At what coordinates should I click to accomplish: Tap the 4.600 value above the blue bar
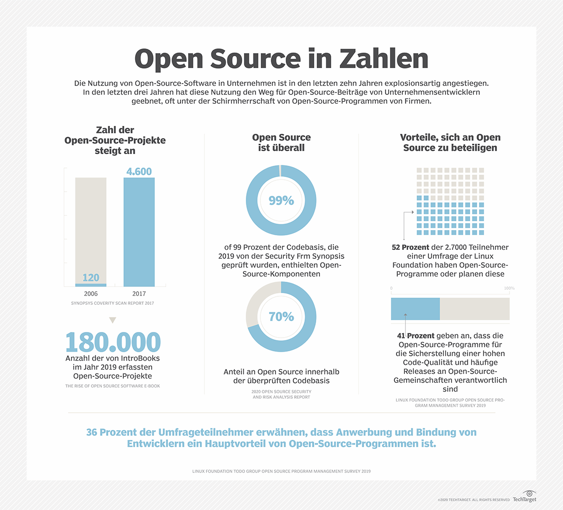coord(139,171)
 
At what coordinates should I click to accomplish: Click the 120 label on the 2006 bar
coord(91,278)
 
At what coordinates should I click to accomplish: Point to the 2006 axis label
coord(91,294)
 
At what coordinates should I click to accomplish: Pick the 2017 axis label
coord(139,294)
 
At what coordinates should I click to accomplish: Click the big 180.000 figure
coord(113,342)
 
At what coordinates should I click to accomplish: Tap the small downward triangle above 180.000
coord(113,320)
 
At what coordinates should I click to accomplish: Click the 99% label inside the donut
coord(281,201)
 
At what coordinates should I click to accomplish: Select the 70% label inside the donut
coord(281,317)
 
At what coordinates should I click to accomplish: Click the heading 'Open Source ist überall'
coord(281,142)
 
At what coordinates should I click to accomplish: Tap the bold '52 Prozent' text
coord(411,247)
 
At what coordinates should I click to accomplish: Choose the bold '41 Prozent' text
coord(416,336)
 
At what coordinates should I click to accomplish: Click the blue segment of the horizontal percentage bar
coord(415,309)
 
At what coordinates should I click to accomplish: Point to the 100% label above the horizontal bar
coord(509,288)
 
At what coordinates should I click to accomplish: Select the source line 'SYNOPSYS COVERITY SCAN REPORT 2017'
coord(113,303)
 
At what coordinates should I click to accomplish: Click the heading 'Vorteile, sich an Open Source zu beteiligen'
coord(450,142)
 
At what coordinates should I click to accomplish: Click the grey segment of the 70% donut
coord(254,305)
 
